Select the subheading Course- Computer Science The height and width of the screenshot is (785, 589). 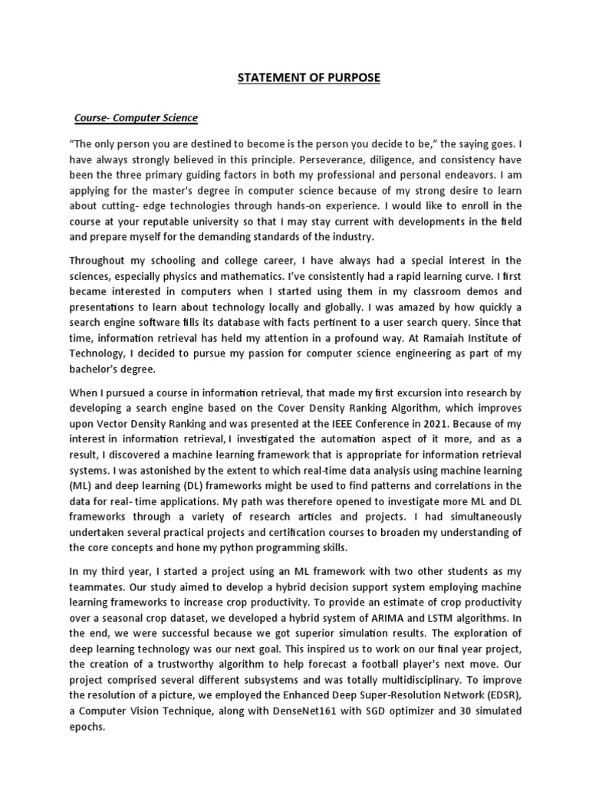point(136,118)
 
